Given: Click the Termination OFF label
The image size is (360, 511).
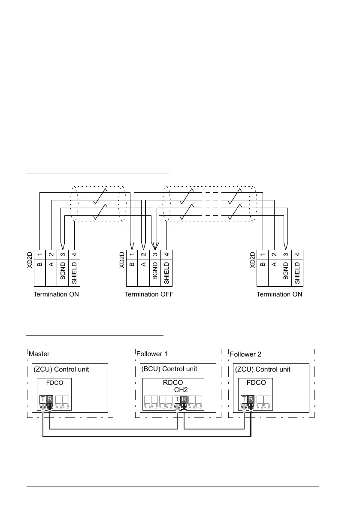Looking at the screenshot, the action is coord(149,294).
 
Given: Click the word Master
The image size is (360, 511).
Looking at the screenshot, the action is coord(39,354).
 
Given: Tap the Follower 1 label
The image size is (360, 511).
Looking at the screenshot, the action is coord(151,354).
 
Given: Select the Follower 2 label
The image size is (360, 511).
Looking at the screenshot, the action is coord(245,354).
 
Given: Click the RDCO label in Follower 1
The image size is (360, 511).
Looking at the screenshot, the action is coord(173,383).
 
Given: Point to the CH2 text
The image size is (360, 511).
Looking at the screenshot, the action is coord(181,390).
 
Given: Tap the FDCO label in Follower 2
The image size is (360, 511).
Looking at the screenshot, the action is coord(256,383).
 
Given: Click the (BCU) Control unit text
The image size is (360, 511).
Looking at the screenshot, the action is coord(169,369).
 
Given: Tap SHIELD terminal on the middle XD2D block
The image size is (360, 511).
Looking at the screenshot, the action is coord(166,268).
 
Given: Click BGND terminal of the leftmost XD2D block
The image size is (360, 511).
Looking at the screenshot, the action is coord(63,268).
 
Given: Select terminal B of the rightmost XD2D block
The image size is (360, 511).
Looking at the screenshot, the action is coord(262,268).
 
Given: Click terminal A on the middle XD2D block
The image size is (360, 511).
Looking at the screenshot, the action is coord(144,268).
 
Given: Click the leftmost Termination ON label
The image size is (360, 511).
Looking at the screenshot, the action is coord(56,294).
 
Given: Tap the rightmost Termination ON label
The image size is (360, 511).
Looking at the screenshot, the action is coord(279,294).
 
